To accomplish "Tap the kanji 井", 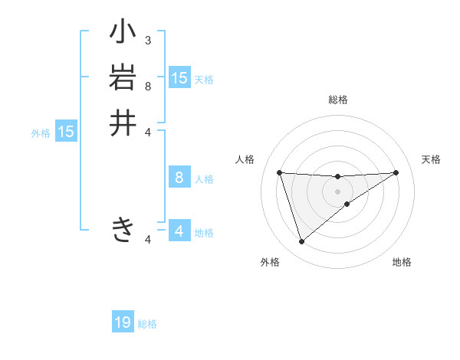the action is coord(123,123).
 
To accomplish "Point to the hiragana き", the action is coord(123,229).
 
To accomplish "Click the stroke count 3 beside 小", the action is coord(148,40).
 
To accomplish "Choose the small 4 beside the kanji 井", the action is coord(148,131).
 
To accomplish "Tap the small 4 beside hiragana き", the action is coord(148,240).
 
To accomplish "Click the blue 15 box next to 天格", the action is coord(179,78).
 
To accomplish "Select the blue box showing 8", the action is coord(179,178).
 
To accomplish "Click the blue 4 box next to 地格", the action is coord(179,231).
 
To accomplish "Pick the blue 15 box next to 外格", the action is coord(66,132).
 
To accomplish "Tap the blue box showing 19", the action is coord(123,322).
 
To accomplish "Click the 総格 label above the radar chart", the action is coord(338,100).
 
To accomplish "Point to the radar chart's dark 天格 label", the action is coord(432,159).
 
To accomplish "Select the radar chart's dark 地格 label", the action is coord(402,263).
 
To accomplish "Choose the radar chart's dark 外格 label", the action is coord(270,263).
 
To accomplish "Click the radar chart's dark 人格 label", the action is coord(245,159).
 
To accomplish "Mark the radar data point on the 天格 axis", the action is coord(396,172).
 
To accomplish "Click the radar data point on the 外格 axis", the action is coord(301,241).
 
